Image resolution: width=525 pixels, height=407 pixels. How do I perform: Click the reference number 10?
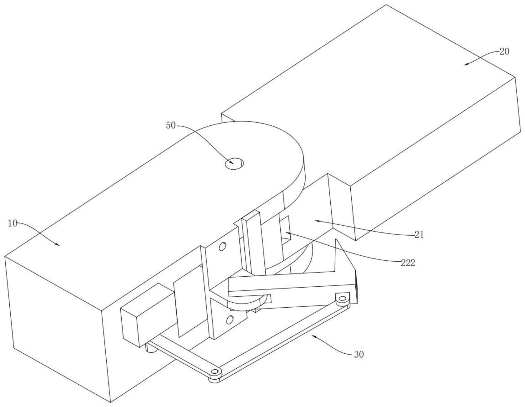click(x=12, y=224)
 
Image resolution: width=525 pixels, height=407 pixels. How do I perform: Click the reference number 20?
click(x=504, y=52)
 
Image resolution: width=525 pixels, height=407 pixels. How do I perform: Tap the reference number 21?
click(x=419, y=235)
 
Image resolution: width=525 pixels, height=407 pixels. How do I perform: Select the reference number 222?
click(x=408, y=262)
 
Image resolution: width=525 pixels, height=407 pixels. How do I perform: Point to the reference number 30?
click(x=359, y=354)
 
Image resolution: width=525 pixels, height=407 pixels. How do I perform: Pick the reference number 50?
click(x=171, y=125)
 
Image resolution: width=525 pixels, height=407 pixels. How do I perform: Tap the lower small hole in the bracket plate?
click(x=230, y=319)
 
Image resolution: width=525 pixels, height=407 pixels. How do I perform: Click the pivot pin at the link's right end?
click(x=342, y=299)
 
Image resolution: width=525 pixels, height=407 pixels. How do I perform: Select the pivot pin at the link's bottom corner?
click(x=216, y=372)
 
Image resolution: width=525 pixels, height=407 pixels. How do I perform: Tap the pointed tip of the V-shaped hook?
click(x=336, y=240)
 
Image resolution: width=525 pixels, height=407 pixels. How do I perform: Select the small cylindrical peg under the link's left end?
click(x=151, y=349)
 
